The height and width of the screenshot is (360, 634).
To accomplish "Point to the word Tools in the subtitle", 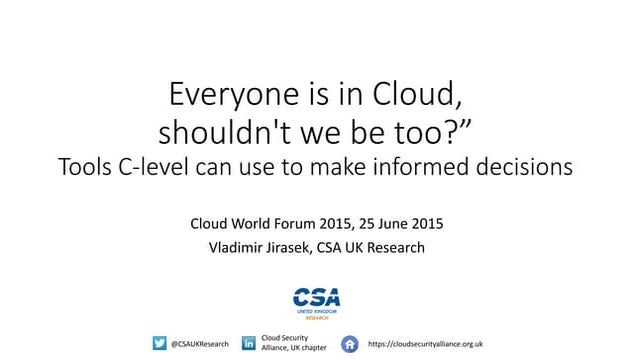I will coord(88,167).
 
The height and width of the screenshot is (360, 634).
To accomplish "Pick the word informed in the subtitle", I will coord(441,167).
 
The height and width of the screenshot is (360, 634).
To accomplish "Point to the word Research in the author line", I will coord(393,248).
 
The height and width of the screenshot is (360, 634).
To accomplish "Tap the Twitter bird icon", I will coord(159,343).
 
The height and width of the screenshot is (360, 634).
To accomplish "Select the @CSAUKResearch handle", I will coord(200,343).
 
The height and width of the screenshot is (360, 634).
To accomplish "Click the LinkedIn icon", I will coord(249,343).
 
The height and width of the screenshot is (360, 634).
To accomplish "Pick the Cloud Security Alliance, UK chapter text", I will coord(293,343).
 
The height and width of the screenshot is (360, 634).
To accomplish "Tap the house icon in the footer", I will coord(349,343).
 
